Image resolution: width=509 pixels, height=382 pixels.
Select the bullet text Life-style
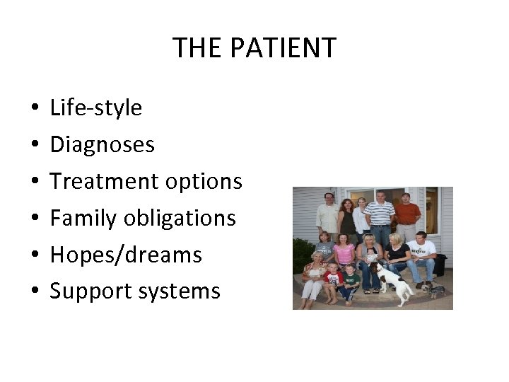(95, 108)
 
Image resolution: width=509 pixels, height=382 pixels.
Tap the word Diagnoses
(102, 144)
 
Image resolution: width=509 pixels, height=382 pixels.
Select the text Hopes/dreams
(126, 255)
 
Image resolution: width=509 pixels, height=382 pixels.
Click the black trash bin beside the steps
(440, 265)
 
